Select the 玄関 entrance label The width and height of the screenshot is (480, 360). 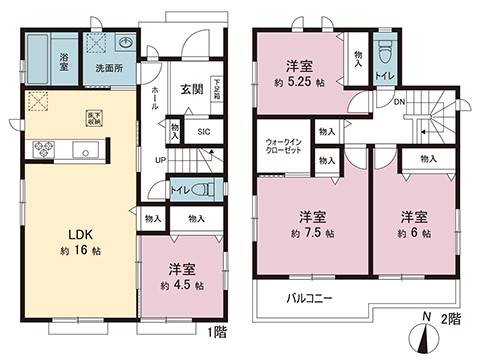click(193, 89)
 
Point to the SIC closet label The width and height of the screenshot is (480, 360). click(203, 130)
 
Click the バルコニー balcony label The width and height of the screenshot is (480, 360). click(309, 298)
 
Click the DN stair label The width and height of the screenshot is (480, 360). click(399, 102)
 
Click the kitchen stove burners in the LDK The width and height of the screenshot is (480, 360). click(45, 151)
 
